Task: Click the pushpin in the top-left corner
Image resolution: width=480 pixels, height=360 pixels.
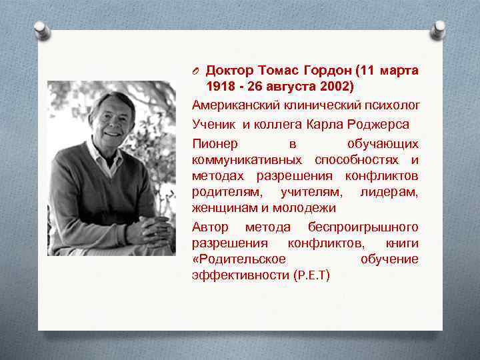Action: pos(42,29)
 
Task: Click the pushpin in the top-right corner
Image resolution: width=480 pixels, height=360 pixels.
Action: pos(438,29)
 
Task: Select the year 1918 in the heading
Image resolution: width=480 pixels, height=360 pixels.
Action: pos(220,87)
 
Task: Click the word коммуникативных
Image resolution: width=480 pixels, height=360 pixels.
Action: pos(243,160)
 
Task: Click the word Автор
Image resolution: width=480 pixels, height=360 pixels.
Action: pos(210,227)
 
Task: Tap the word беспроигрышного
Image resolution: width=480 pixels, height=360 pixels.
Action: pos(363,227)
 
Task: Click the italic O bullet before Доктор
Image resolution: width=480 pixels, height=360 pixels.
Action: pos(197,71)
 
